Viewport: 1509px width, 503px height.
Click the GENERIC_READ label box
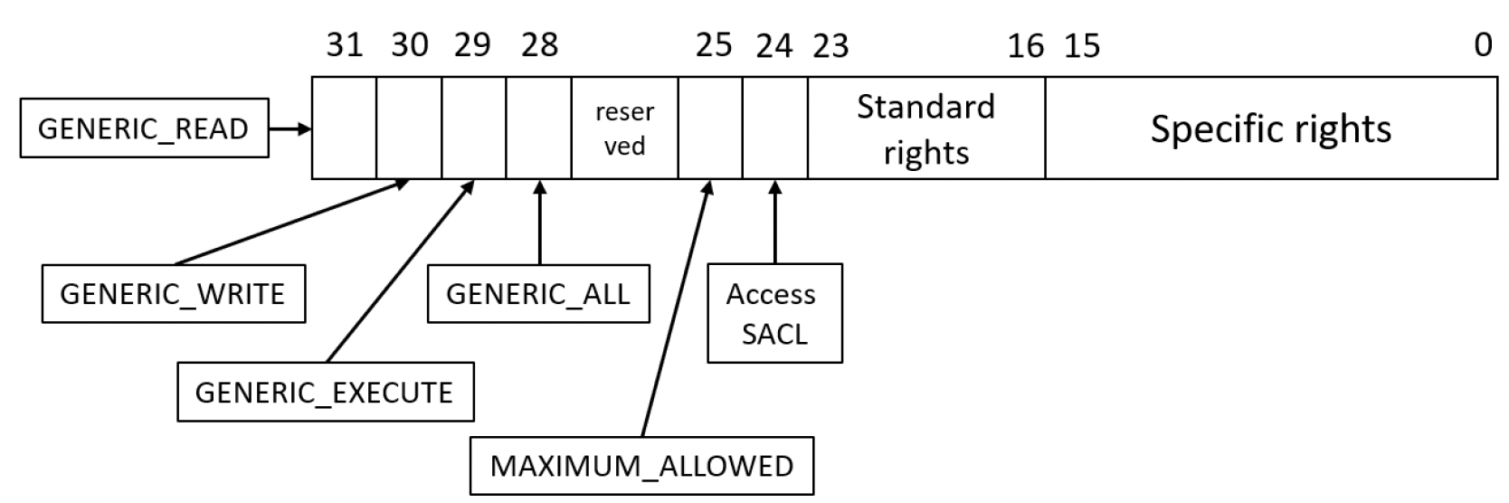pyautogui.click(x=144, y=128)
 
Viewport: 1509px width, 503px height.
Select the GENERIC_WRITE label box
pyautogui.click(x=173, y=294)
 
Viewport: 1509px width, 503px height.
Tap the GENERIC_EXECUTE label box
pyautogui.click(x=326, y=392)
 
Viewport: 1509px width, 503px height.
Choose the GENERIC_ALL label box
pyautogui.click(x=538, y=294)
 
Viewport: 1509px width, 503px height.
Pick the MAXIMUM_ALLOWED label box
pyautogui.click(x=641, y=466)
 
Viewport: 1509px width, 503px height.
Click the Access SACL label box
pyautogui.click(x=774, y=313)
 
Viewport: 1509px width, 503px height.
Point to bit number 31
pyautogui.click(x=345, y=45)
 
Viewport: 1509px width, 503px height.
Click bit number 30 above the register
pyautogui.click(x=410, y=45)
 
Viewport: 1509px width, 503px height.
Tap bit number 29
pyautogui.click(x=472, y=45)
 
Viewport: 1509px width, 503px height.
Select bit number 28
pyautogui.click(x=539, y=45)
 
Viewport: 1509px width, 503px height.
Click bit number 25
pyautogui.click(x=714, y=45)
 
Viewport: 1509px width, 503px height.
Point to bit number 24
pyautogui.click(x=774, y=46)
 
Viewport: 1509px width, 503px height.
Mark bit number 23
pyautogui.click(x=830, y=46)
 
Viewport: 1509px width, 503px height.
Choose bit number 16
pyautogui.click(x=1025, y=46)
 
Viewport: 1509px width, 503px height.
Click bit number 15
pyautogui.click(x=1082, y=46)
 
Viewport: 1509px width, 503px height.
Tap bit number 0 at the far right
pyautogui.click(x=1483, y=45)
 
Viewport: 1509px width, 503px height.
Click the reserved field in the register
pyautogui.click(x=624, y=128)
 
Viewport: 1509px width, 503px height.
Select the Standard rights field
pyautogui.click(x=926, y=128)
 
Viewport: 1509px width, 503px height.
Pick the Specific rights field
pyautogui.click(x=1271, y=128)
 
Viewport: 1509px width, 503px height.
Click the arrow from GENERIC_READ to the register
pyautogui.click(x=290, y=128)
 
